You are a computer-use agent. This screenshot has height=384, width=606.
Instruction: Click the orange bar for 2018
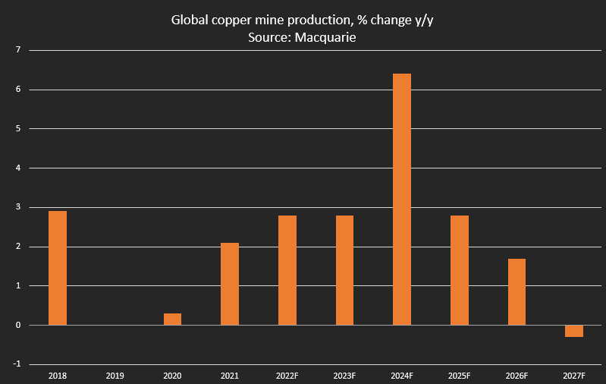click(x=58, y=268)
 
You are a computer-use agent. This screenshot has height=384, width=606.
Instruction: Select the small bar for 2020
click(x=173, y=319)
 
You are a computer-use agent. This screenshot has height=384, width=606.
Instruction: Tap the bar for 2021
click(x=230, y=284)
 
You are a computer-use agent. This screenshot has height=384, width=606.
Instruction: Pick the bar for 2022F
click(x=287, y=270)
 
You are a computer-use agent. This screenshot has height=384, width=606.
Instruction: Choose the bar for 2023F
click(x=344, y=270)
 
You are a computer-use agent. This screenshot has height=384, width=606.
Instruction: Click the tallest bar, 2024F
click(x=402, y=199)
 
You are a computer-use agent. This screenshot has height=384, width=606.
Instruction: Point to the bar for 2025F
click(x=460, y=270)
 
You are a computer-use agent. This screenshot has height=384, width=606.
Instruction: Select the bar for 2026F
click(x=517, y=291)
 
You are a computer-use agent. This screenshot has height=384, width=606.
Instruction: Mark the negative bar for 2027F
click(x=574, y=331)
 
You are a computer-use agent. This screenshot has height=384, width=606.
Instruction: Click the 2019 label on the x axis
click(x=115, y=376)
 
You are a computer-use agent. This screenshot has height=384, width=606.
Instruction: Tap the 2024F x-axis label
click(x=402, y=376)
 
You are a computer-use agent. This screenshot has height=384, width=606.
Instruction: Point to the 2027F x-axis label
click(x=574, y=376)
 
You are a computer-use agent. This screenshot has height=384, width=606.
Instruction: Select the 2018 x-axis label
click(x=58, y=376)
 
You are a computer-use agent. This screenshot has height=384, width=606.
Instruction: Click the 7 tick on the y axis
click(x=16, y=50)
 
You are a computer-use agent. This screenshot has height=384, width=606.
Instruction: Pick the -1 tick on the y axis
click(x=15, y=364)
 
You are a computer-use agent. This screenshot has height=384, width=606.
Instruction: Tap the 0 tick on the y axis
click(x=16, y=325)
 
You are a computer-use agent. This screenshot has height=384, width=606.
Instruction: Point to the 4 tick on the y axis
click(x=16, y=168)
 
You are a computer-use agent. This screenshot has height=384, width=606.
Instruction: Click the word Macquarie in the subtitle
click(x=329, y=36)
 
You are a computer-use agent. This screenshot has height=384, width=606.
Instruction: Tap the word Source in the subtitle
click(x=266, y=36)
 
